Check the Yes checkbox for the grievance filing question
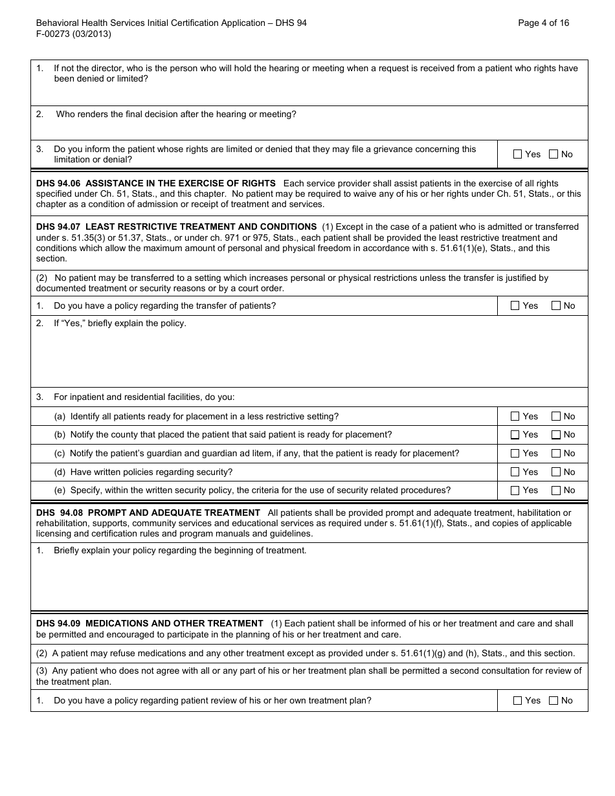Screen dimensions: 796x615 517,154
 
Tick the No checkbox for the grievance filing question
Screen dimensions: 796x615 553,154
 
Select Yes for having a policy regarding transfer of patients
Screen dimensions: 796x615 515,305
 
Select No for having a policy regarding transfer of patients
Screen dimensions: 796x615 556,305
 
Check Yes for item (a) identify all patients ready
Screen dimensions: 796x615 515,416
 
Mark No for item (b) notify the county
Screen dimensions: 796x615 556,435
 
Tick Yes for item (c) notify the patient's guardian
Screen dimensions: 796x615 515,454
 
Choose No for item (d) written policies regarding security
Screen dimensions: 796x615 556,472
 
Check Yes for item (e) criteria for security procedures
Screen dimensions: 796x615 515,491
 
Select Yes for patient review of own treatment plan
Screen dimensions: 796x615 517,700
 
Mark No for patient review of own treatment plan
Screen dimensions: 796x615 553,700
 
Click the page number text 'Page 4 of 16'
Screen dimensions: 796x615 544,23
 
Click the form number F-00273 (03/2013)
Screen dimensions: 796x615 73,34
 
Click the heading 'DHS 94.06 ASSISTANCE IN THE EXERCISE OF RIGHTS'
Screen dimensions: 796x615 156,183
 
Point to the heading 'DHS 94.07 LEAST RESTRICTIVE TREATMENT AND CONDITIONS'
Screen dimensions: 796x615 176,227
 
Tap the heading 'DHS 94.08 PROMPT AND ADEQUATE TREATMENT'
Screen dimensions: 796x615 148,513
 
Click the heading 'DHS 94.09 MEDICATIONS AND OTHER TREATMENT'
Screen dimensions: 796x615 150,623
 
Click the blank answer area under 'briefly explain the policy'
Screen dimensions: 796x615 309,359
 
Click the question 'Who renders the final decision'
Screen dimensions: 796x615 176,115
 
